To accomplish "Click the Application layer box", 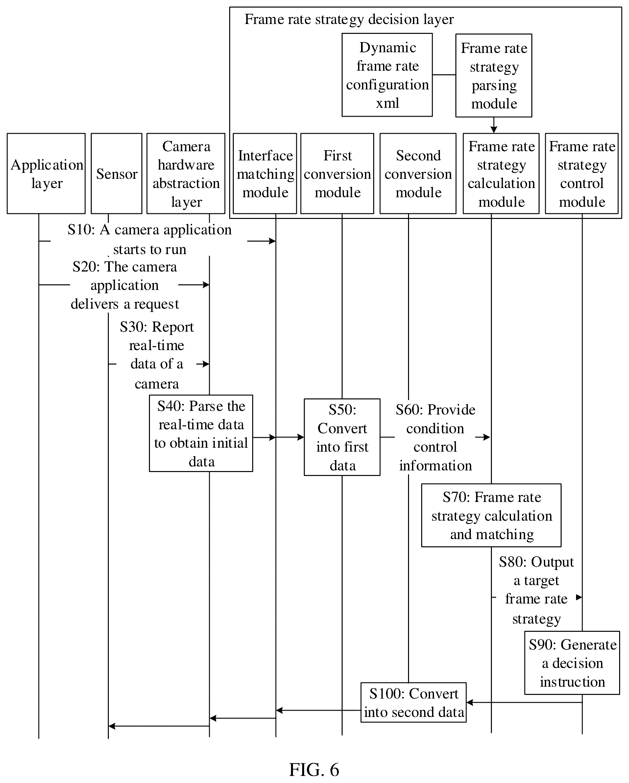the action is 46,174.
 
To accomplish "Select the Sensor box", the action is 116,174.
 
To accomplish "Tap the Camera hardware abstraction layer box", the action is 186,174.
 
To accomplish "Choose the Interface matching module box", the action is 265,174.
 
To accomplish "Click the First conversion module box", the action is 337,174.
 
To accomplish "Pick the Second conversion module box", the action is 418,174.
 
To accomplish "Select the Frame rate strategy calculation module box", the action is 501,174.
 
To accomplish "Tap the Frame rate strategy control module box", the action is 582,174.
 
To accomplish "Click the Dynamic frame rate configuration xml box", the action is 387,75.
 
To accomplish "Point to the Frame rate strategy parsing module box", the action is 494,76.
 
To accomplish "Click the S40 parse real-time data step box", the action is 201,433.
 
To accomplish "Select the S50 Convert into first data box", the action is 342,437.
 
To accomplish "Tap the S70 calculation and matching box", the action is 491,515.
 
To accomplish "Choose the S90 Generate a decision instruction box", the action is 572,663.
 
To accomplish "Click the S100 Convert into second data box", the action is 414,703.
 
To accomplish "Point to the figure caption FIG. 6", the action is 314,769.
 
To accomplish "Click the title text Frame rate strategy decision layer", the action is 349,19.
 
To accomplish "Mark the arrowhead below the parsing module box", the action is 494,129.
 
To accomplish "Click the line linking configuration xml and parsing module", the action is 444,75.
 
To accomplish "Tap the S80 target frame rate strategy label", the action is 536,590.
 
